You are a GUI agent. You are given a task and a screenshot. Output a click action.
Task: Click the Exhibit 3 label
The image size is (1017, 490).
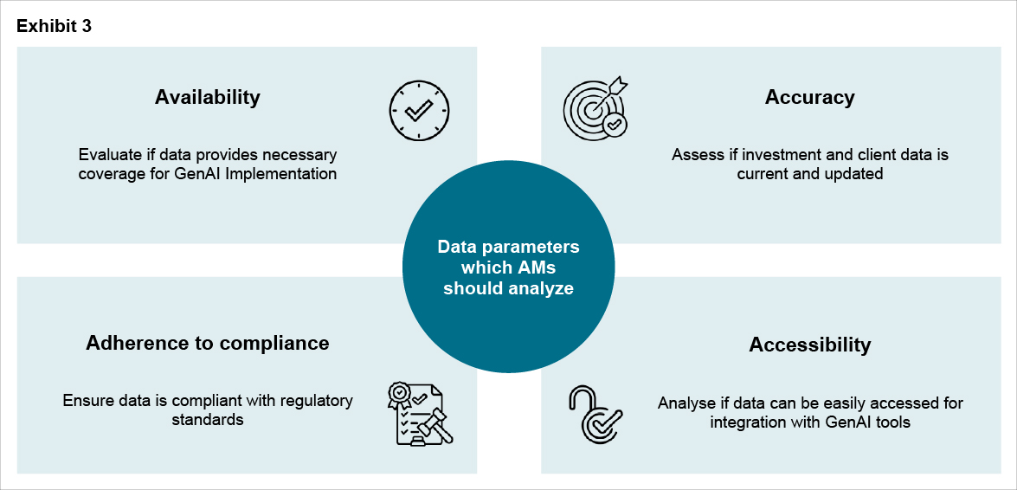point(54,26)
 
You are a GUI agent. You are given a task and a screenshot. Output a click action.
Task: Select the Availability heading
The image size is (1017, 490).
point(208,97)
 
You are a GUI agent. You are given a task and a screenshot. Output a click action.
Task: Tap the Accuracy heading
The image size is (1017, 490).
point(809,97)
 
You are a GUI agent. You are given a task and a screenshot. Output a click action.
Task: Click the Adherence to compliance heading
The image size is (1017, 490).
point(208,343)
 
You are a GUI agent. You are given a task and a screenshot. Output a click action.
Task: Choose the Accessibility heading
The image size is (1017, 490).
point(809,345)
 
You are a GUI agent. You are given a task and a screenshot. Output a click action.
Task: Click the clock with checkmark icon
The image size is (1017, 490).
point(419,112)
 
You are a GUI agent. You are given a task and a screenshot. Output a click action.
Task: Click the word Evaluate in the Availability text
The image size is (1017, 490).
point(109,155)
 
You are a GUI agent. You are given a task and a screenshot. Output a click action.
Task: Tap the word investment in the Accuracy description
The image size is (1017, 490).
point(767,155)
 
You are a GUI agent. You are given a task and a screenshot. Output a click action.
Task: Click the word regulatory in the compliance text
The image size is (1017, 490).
point(312,401)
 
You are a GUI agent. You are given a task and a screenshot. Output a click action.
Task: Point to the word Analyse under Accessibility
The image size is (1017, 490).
point(686,403)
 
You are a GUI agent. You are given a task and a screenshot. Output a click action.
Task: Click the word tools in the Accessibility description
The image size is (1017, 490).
point(891,422)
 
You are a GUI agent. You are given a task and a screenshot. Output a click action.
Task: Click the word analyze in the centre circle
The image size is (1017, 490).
point(544,289)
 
